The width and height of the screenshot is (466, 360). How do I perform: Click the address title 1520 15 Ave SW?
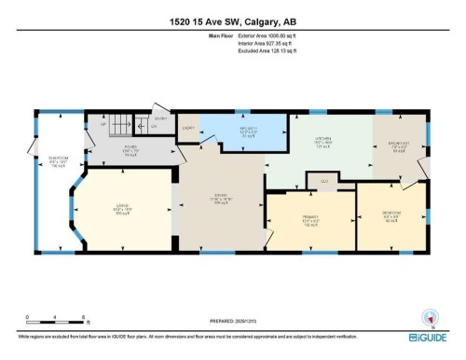click(232, 19)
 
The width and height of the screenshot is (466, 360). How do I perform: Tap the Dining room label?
click(220, 198)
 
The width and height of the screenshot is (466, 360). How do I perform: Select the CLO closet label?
click(323, 180)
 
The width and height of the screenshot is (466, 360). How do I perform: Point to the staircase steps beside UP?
click(116, 122)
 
